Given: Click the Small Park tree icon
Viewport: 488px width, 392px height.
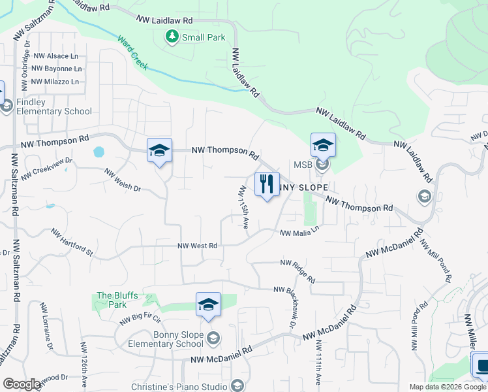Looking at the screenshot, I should click(x=172, y=37).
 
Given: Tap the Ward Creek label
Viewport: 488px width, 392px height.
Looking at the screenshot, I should click(x=134, y=53).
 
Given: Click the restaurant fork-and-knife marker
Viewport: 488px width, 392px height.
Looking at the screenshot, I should click(x=266, y=184).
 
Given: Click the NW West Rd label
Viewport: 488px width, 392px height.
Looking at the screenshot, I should click(x=197, y=246).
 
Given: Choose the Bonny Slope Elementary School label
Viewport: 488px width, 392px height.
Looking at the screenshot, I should click(x=169, y=340).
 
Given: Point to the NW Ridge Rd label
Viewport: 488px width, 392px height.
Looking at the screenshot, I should click(x=298, y=271).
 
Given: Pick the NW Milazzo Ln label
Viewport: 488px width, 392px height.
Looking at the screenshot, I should click(x=55, y=82).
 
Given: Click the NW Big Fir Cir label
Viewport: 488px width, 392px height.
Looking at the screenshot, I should click(x=140, y=319).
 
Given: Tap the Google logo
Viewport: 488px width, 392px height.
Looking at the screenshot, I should click(x=22, y=384).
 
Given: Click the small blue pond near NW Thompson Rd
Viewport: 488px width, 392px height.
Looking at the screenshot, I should click(x=99, y=152).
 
